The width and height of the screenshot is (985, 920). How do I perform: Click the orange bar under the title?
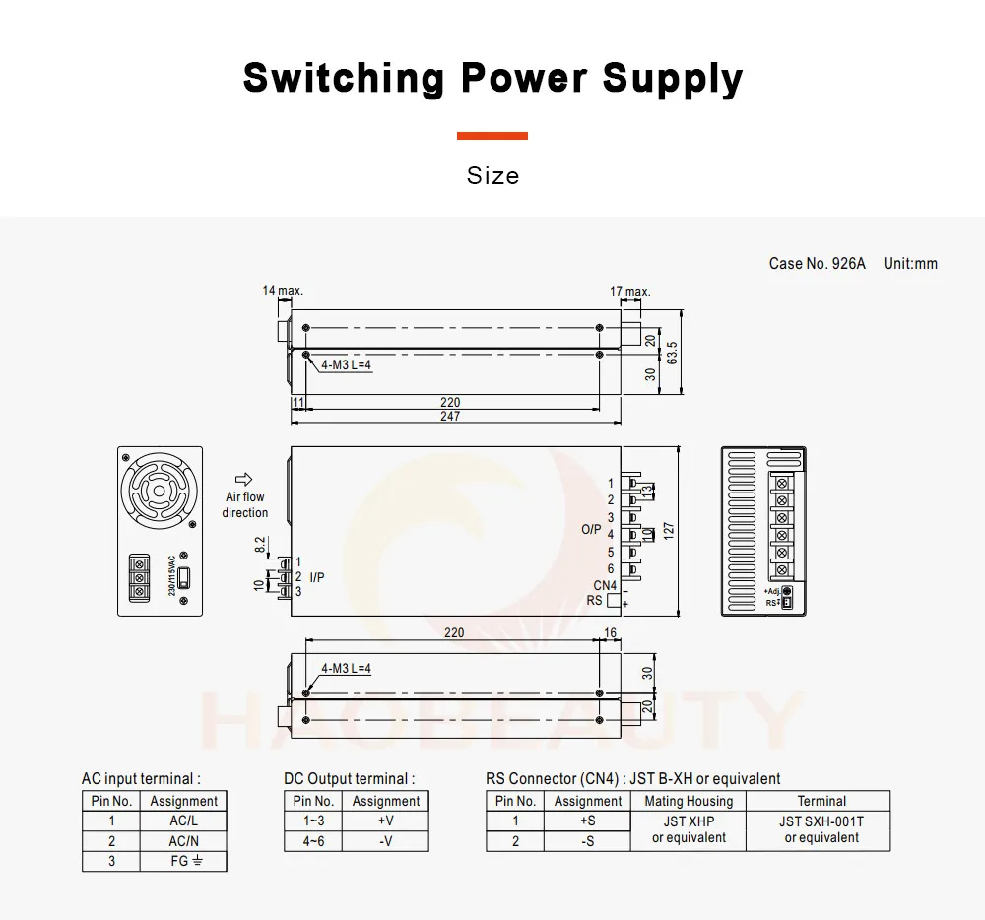492,136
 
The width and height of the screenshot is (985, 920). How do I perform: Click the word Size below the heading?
492,176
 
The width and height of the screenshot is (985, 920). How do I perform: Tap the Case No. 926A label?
817,264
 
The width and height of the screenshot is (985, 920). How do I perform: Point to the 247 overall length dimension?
450,416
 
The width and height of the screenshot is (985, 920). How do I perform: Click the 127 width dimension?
669,530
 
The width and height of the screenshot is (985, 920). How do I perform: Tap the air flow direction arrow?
244,479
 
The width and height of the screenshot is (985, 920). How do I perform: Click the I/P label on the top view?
316,577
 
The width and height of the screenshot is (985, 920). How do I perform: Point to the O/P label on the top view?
591,529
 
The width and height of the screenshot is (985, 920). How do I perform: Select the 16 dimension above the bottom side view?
610,633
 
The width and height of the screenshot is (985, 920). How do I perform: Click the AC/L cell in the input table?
184,821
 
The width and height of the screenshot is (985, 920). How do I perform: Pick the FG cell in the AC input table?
184,860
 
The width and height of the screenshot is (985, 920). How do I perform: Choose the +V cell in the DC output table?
385,821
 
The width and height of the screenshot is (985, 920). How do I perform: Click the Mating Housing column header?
689,801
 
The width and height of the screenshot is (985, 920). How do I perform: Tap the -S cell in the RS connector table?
587,840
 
